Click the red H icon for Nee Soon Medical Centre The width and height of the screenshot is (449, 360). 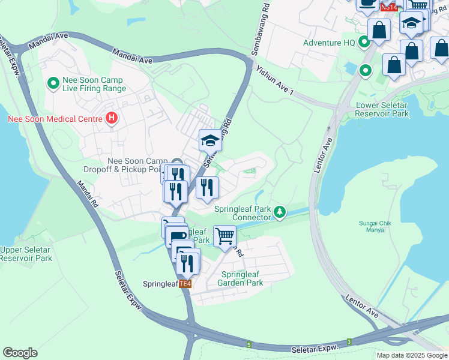(111, 119)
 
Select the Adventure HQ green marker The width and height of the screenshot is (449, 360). (364, 43)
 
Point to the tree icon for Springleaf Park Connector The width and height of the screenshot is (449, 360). (279, 212)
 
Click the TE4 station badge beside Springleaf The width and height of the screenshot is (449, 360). (185, 284)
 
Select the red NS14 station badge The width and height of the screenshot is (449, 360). (388, 7)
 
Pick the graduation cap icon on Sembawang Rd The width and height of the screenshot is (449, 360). (210, 141)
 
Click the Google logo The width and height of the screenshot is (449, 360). (20, 353)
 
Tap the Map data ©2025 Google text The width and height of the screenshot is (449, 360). (411, 355)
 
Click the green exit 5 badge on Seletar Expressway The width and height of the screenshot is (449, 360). (249, 345)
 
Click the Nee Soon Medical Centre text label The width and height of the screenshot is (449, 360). (55, 119)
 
